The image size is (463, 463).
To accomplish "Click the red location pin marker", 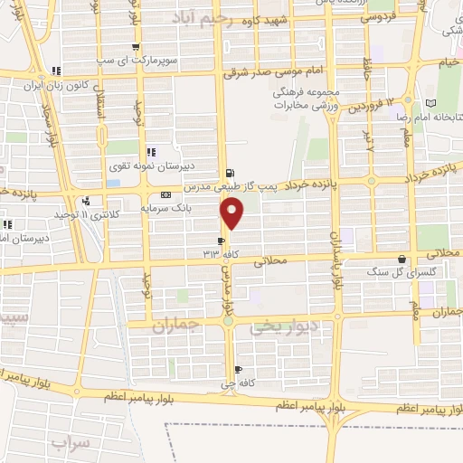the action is tap(232, 213).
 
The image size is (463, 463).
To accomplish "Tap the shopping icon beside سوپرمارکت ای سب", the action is tap(136, 48).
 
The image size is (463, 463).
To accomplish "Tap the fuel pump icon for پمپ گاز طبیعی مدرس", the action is tap(230, 174).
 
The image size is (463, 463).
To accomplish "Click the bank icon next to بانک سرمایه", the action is tap(165, 194).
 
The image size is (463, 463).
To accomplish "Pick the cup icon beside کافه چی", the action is tap(238, 369).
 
